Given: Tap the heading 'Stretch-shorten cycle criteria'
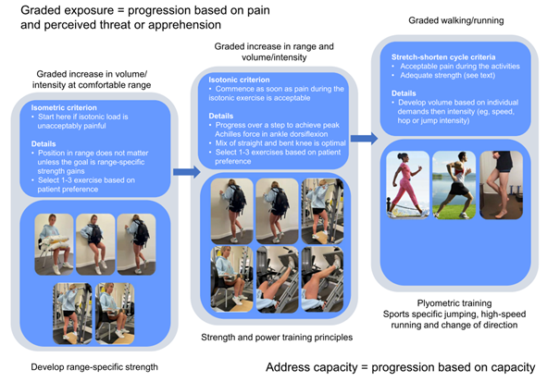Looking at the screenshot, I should pyautogui.click(x=429, y=57).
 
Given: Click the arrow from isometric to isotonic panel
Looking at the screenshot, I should pyautogui.click(x=185, y=171).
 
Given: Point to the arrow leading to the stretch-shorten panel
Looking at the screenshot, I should pyautogui.click(x=363, y=139).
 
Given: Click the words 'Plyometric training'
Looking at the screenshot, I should pyautogui.click(x=448, y=302).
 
